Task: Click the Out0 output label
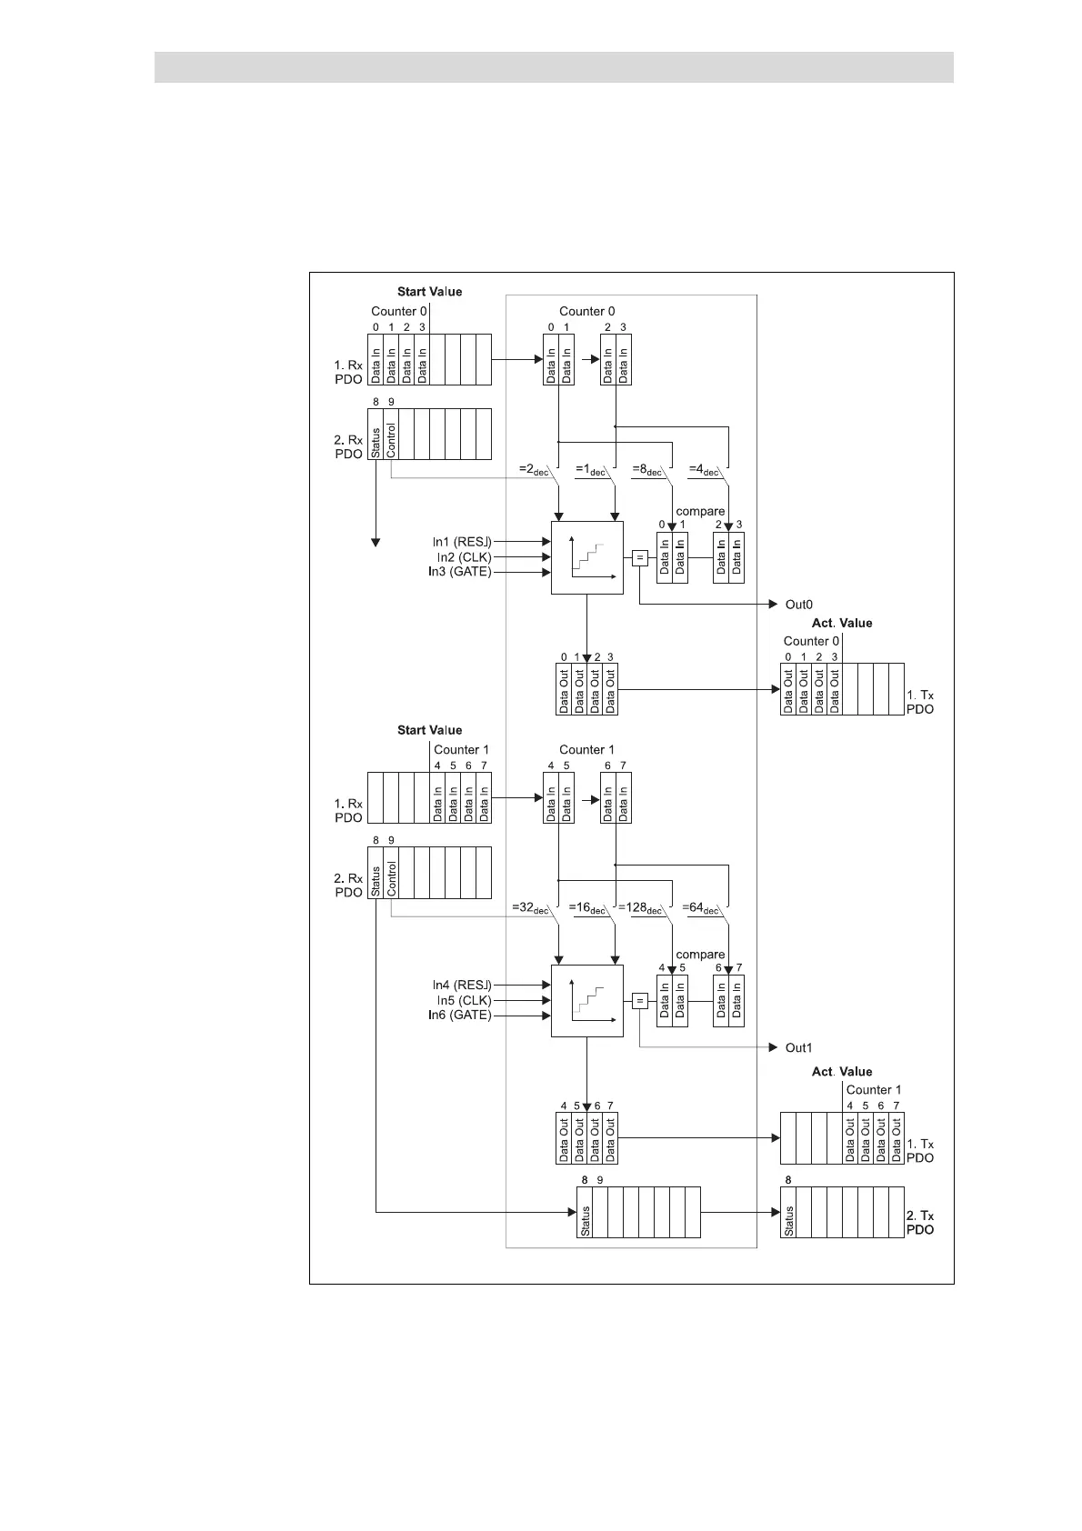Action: pos(798,605)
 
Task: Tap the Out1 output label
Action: pos(798,1048)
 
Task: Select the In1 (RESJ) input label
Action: pos(462,542)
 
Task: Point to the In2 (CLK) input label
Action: pos(464,557)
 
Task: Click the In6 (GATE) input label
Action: pos(460,1016)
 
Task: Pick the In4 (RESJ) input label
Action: pos(462,986)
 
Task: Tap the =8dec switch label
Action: pos(647,470)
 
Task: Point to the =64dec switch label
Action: pos(700,908)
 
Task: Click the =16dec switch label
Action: pos(587,908)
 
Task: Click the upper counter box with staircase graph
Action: pos(587,557)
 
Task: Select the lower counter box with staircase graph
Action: pos(587,1000)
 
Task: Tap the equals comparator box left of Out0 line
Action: pos(639,558)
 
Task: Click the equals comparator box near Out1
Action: pos(639,1001)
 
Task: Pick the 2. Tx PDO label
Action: pos(920,1223)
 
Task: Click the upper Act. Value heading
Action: pos(841,624)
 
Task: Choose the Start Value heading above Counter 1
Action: pos(429,731)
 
